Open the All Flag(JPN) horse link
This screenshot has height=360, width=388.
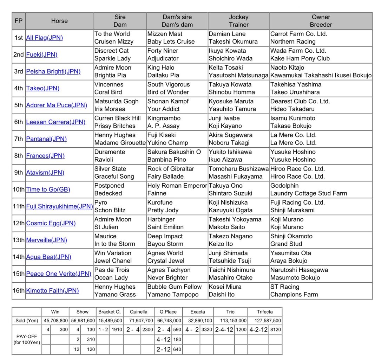[x=44, y=38]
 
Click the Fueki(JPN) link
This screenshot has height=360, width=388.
[x=41, y=54]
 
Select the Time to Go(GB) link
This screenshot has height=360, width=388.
[x=48, y=189]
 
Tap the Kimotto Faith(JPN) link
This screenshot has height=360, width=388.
[x=52, y=291]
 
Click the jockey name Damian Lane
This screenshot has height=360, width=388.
[x=227, y=34]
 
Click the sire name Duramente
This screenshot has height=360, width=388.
[x=110, y=152]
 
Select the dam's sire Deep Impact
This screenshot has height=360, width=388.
[x=165, y=236]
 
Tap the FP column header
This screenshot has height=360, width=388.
[x=19, y=21]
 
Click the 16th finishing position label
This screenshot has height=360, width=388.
[x=19, y=291]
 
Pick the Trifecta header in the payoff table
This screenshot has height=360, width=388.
[x=264, y=312]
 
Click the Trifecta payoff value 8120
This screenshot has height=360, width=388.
[x=275, y=330]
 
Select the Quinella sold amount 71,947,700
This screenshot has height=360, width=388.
[x=140, y=321]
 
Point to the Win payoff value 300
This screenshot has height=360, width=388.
[x=64, y=330]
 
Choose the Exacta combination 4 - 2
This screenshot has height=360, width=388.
[x=192, y=330]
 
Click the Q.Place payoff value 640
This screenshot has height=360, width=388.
[x=177, y=349]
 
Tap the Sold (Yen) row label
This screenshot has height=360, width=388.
[x=27, y=321]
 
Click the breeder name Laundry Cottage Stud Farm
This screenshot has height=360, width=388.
[x=308, y=193]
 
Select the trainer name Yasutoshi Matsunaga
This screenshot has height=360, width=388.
[x=238, y=75]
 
